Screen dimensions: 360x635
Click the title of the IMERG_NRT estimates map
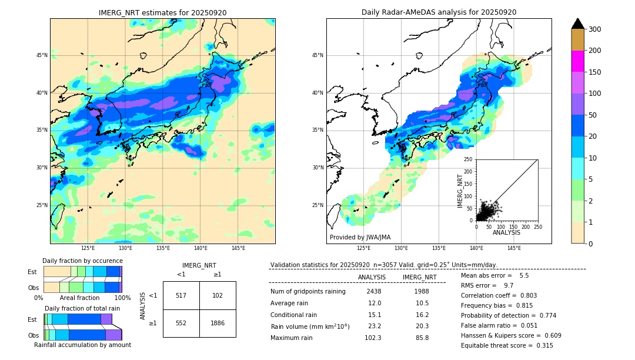point(162,12)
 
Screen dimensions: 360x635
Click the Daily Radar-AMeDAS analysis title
point(439,12)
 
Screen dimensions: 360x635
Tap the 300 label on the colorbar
point(594,29)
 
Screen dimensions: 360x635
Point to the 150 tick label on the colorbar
point(594,72)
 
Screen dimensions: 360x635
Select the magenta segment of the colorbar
point(577,61)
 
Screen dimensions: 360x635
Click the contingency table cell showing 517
point(181,295)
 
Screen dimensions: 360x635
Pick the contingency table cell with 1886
point(218,323)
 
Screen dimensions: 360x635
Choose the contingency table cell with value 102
point(218,295)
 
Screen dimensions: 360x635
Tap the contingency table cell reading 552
point(181,323)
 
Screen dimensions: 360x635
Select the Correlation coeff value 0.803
point(524,296)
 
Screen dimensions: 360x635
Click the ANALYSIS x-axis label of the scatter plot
point(506,233)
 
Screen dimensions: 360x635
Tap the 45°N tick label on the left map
point(42,55)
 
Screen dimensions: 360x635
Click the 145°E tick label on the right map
point(514,249)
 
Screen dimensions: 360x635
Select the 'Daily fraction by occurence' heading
point(82,261)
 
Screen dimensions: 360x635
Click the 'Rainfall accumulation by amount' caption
point(82,345)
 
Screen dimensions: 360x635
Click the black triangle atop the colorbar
point(577,24)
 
